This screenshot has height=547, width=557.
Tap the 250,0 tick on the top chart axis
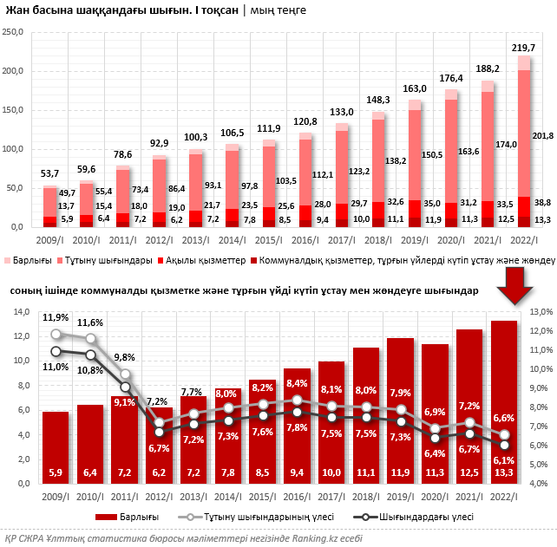13,32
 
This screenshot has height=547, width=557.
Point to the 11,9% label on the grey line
56,317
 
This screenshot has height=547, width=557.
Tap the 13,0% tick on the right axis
542,312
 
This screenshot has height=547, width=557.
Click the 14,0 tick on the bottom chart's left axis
18,312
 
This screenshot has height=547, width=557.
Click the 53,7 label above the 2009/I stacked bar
50,174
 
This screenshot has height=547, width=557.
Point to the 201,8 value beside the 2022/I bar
544,136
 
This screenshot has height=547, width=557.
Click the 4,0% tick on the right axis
542,483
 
